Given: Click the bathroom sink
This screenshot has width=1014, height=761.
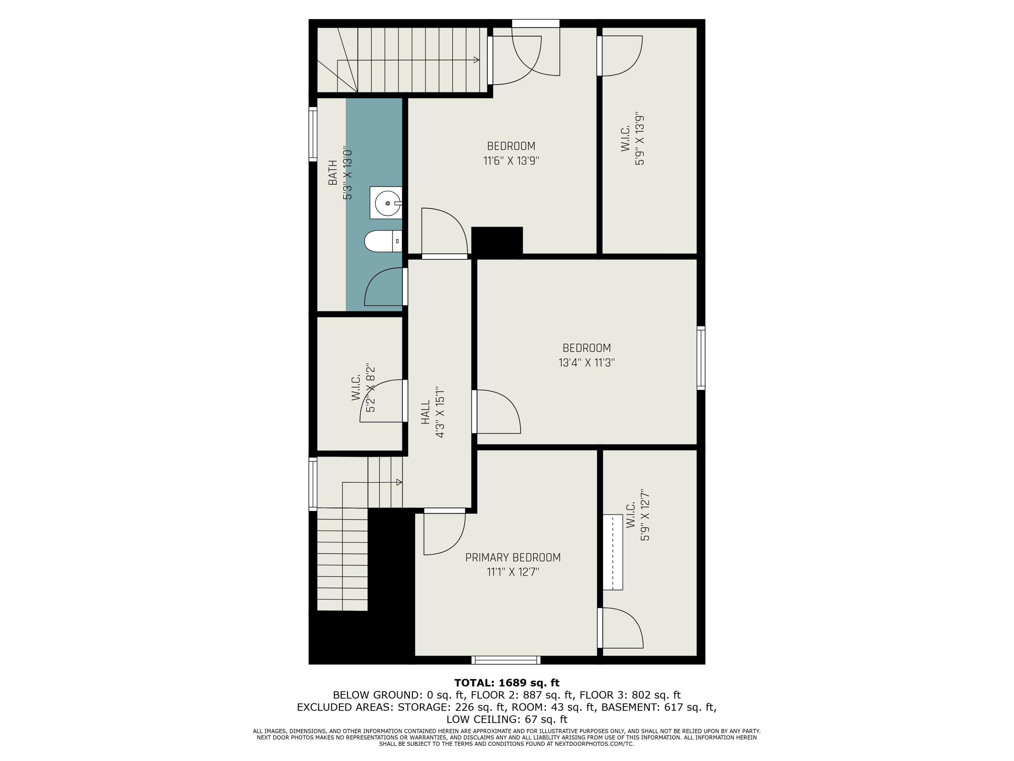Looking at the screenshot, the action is click(x=386, y=203).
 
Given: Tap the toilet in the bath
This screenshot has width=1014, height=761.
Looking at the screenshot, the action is click(x=383, y=241).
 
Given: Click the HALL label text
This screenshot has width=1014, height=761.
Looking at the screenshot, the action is click(x=426, y=412).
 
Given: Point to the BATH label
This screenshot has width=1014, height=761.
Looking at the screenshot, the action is click(x=333, y=172).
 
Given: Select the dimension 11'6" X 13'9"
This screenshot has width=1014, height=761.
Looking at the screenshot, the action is click(x=511, y=161).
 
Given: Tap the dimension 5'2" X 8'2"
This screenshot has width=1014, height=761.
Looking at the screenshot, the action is click(x=371, y=388).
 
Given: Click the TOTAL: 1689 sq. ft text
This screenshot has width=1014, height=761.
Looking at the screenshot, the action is click(x=507, y=683).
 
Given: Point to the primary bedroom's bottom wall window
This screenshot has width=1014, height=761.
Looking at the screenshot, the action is click(x=506, y=660).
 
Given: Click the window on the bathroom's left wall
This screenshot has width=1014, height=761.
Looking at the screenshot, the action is click(x=313, y=134).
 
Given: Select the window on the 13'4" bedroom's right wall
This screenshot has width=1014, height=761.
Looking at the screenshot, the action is click(x=701, y=358).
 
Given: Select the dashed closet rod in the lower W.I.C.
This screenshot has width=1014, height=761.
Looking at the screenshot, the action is click(x=612, y=552).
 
